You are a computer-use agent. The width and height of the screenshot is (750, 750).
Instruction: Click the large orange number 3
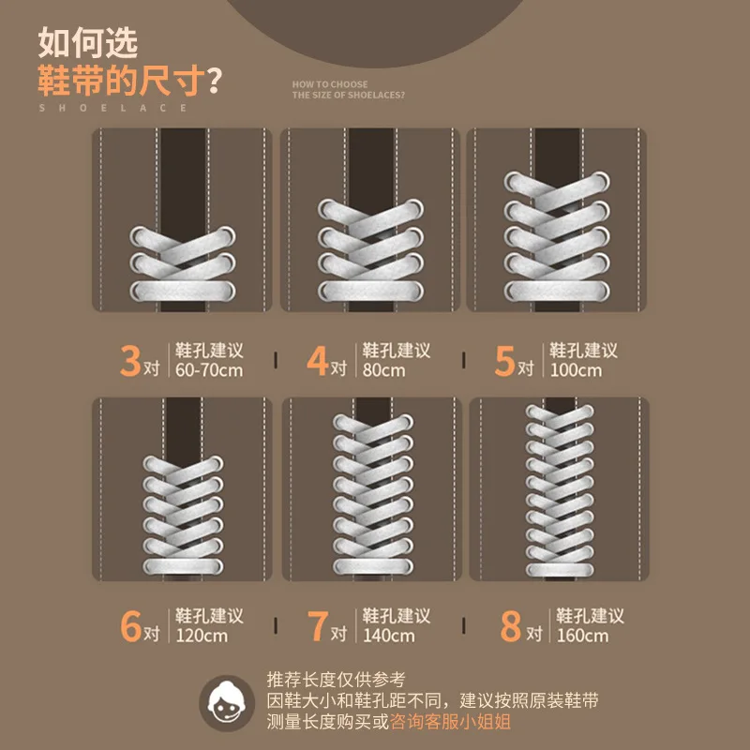130,360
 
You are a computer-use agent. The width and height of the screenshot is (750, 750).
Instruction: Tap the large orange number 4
318,360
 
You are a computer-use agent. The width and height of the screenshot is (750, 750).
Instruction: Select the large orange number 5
505,360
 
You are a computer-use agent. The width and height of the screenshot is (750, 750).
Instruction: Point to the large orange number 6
130,626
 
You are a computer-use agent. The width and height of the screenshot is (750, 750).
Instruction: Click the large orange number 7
318,626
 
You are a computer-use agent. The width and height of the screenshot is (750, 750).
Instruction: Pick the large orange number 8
510,626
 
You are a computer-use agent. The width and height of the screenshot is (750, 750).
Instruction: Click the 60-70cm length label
209,370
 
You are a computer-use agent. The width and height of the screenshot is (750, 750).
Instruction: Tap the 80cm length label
384,370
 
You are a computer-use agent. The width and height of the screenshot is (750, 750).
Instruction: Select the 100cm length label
576,370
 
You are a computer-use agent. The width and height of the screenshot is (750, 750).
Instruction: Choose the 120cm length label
202,636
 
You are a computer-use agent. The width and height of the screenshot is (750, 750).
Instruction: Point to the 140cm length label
389,636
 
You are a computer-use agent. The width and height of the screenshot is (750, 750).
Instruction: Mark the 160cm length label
582,636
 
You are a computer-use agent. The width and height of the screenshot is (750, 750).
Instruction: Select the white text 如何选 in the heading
88,42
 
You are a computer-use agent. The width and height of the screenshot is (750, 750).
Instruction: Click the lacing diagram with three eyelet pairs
182,220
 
